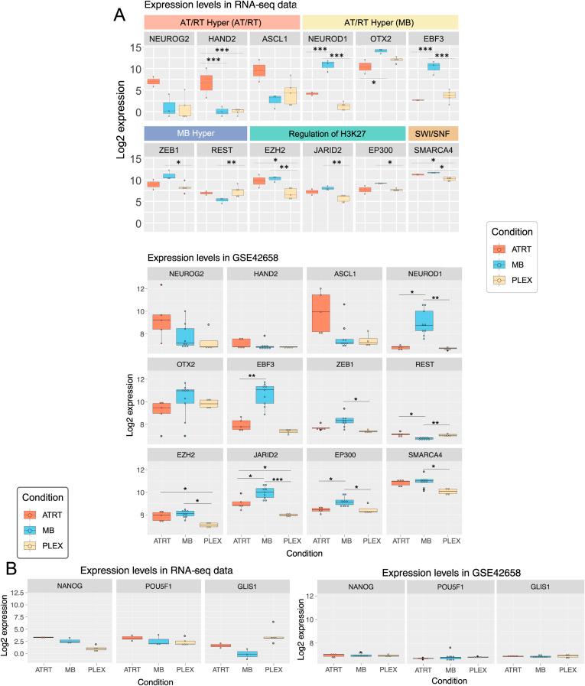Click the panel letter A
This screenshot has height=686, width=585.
tap(119, 15)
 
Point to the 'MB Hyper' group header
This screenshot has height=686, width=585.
tap(195, 132)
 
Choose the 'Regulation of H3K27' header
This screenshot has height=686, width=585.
tap(327, 132)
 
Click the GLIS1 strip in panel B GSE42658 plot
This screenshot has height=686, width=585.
tap(530, 586)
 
